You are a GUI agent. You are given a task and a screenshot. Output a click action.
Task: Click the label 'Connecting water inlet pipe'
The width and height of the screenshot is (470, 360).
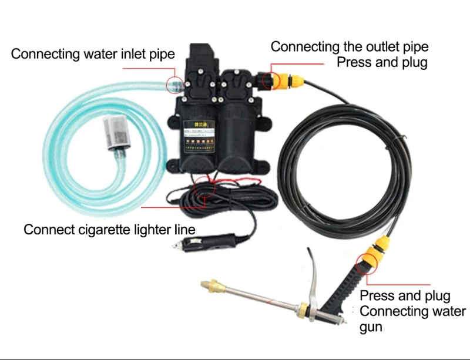point(93,55)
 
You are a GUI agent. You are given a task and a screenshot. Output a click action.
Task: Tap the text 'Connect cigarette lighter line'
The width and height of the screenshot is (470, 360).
point(109,229)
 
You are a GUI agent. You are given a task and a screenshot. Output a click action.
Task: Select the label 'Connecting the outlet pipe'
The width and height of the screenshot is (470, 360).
point(349,46)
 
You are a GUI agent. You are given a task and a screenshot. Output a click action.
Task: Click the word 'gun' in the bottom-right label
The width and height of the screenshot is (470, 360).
point(371,326)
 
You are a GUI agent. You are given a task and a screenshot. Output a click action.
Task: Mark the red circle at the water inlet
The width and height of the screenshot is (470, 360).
point(174,85)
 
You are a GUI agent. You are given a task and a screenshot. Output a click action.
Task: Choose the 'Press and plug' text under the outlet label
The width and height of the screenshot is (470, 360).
point(382,62)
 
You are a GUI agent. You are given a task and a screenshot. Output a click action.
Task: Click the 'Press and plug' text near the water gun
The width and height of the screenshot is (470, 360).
point(405,295)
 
